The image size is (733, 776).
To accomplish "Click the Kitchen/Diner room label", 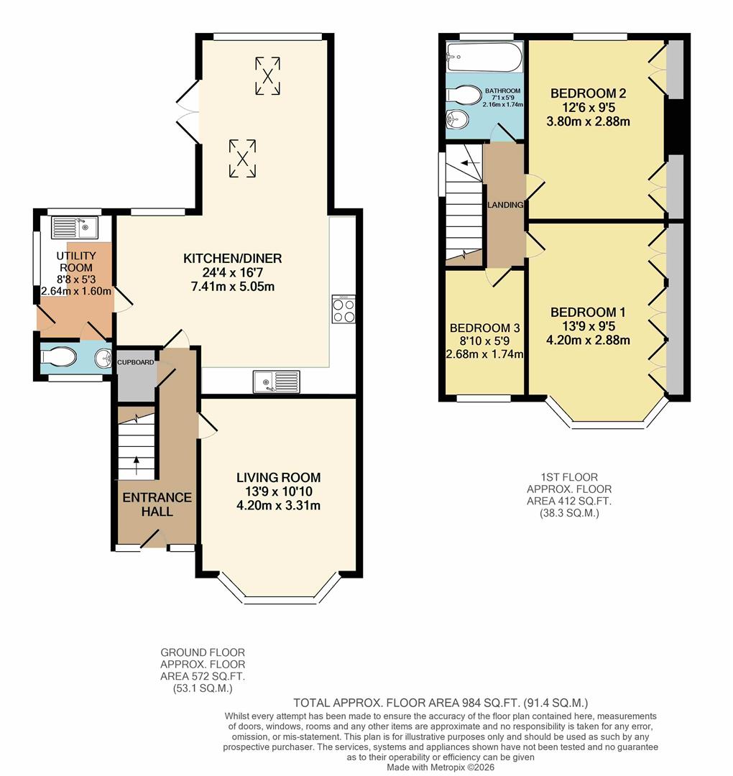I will [232, 259].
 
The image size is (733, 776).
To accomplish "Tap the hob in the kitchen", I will [344, 309].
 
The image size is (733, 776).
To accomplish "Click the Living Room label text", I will [279, 478].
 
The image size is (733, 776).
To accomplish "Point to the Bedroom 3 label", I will [484, 328].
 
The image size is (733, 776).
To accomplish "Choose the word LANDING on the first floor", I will [505, 205].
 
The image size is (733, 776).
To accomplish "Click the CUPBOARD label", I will [136, 363].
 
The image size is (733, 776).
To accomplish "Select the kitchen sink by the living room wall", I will [277, 382].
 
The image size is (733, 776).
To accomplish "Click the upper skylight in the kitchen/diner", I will [267, 75].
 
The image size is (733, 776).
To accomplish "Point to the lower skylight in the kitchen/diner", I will [242, 158].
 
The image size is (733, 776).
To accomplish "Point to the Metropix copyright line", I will [441, 767].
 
